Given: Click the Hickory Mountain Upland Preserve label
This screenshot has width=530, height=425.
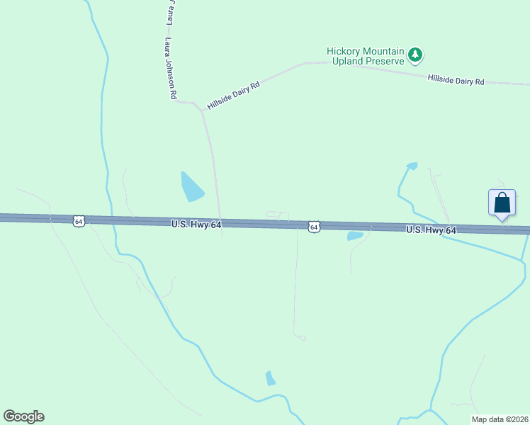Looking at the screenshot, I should [365, 56].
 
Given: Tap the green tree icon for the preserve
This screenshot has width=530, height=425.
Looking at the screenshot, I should [415, 55].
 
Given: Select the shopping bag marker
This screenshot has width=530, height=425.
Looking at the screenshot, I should [502, 203].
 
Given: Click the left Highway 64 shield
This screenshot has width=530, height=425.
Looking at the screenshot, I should [78, 221].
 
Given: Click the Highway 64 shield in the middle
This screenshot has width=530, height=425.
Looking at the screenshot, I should [314, 227].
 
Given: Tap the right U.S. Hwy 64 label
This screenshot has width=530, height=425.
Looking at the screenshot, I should [432, 230].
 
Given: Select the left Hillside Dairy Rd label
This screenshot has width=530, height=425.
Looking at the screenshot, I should [233, 95].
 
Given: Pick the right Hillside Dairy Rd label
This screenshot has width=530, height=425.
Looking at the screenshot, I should [456, 81].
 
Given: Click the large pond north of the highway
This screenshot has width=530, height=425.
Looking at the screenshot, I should [191, 186].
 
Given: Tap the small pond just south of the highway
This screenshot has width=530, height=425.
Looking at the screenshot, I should [355, 236].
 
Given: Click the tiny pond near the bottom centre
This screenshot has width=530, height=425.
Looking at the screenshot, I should [270, 378].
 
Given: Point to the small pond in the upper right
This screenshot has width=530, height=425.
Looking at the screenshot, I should [412, 166].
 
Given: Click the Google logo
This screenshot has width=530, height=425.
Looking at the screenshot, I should [23, 416].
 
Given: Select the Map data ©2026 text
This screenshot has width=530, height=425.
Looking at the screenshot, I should [500, 419].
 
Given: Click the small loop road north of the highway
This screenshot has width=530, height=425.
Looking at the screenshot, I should [277, 215].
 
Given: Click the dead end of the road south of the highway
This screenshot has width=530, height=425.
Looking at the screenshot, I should [302, 338].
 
